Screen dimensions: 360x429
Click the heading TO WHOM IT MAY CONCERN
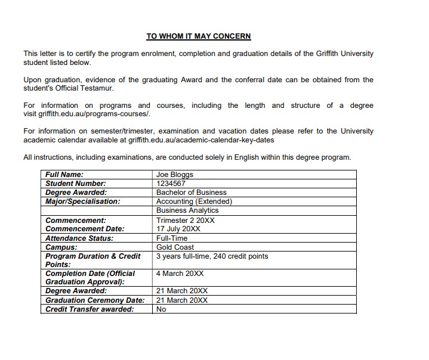click(199, 36)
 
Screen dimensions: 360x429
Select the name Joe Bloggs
click(175, 175)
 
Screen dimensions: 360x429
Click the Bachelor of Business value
click(192, 193)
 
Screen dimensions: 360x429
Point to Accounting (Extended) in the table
click(194, 201)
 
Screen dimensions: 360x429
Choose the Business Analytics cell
click(187, 210)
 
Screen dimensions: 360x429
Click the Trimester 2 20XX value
click(186, 220)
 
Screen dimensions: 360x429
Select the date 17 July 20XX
click(181, 228)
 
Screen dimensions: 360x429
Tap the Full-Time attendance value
click(172, 238)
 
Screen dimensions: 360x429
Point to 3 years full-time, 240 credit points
click(212, 256)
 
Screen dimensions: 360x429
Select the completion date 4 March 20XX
click(180, 274)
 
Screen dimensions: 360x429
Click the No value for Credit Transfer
click(161, 309)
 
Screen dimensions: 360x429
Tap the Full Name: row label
click(64, 175)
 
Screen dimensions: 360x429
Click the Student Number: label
click(76, 184)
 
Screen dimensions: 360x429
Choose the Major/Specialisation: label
click(83, 201)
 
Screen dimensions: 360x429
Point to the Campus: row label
click(61, 247)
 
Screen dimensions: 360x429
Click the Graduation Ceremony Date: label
click(95, 300)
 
